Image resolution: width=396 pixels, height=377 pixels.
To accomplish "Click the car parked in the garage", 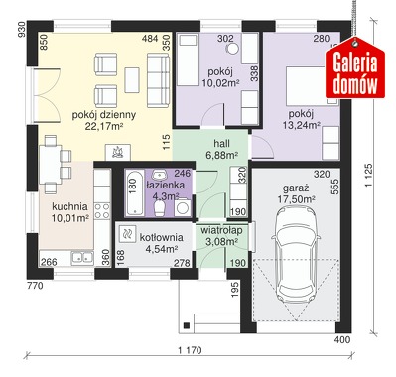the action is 296,252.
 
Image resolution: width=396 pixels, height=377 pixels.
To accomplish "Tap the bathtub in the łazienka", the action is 134,192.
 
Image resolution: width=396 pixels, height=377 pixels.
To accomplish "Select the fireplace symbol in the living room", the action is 118,153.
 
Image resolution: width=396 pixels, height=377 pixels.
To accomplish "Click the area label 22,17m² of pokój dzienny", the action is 104,126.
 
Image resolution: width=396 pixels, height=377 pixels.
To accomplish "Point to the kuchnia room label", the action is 69,207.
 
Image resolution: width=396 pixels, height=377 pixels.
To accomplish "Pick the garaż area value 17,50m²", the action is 296,199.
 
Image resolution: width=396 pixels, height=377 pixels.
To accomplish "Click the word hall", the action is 221,144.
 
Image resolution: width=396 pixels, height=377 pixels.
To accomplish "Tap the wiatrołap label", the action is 221,230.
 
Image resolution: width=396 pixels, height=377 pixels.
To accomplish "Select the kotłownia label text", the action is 161,237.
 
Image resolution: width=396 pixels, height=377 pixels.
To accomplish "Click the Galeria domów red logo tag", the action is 354,67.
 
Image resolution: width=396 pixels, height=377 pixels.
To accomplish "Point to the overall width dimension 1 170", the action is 190,350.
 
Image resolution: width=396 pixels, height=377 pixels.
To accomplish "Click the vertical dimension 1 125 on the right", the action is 369,176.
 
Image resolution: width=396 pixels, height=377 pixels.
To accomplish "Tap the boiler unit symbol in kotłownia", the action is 126,234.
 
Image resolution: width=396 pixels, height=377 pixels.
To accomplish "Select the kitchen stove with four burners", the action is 102,211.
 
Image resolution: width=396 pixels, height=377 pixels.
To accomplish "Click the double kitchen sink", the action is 82,257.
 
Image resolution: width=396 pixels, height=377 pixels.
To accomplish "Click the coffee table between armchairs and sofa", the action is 132,80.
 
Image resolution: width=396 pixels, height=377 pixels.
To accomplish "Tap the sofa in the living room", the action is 158,81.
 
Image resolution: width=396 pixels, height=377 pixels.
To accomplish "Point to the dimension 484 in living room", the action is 150,39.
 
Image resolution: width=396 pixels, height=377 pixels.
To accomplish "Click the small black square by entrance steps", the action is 187,325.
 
